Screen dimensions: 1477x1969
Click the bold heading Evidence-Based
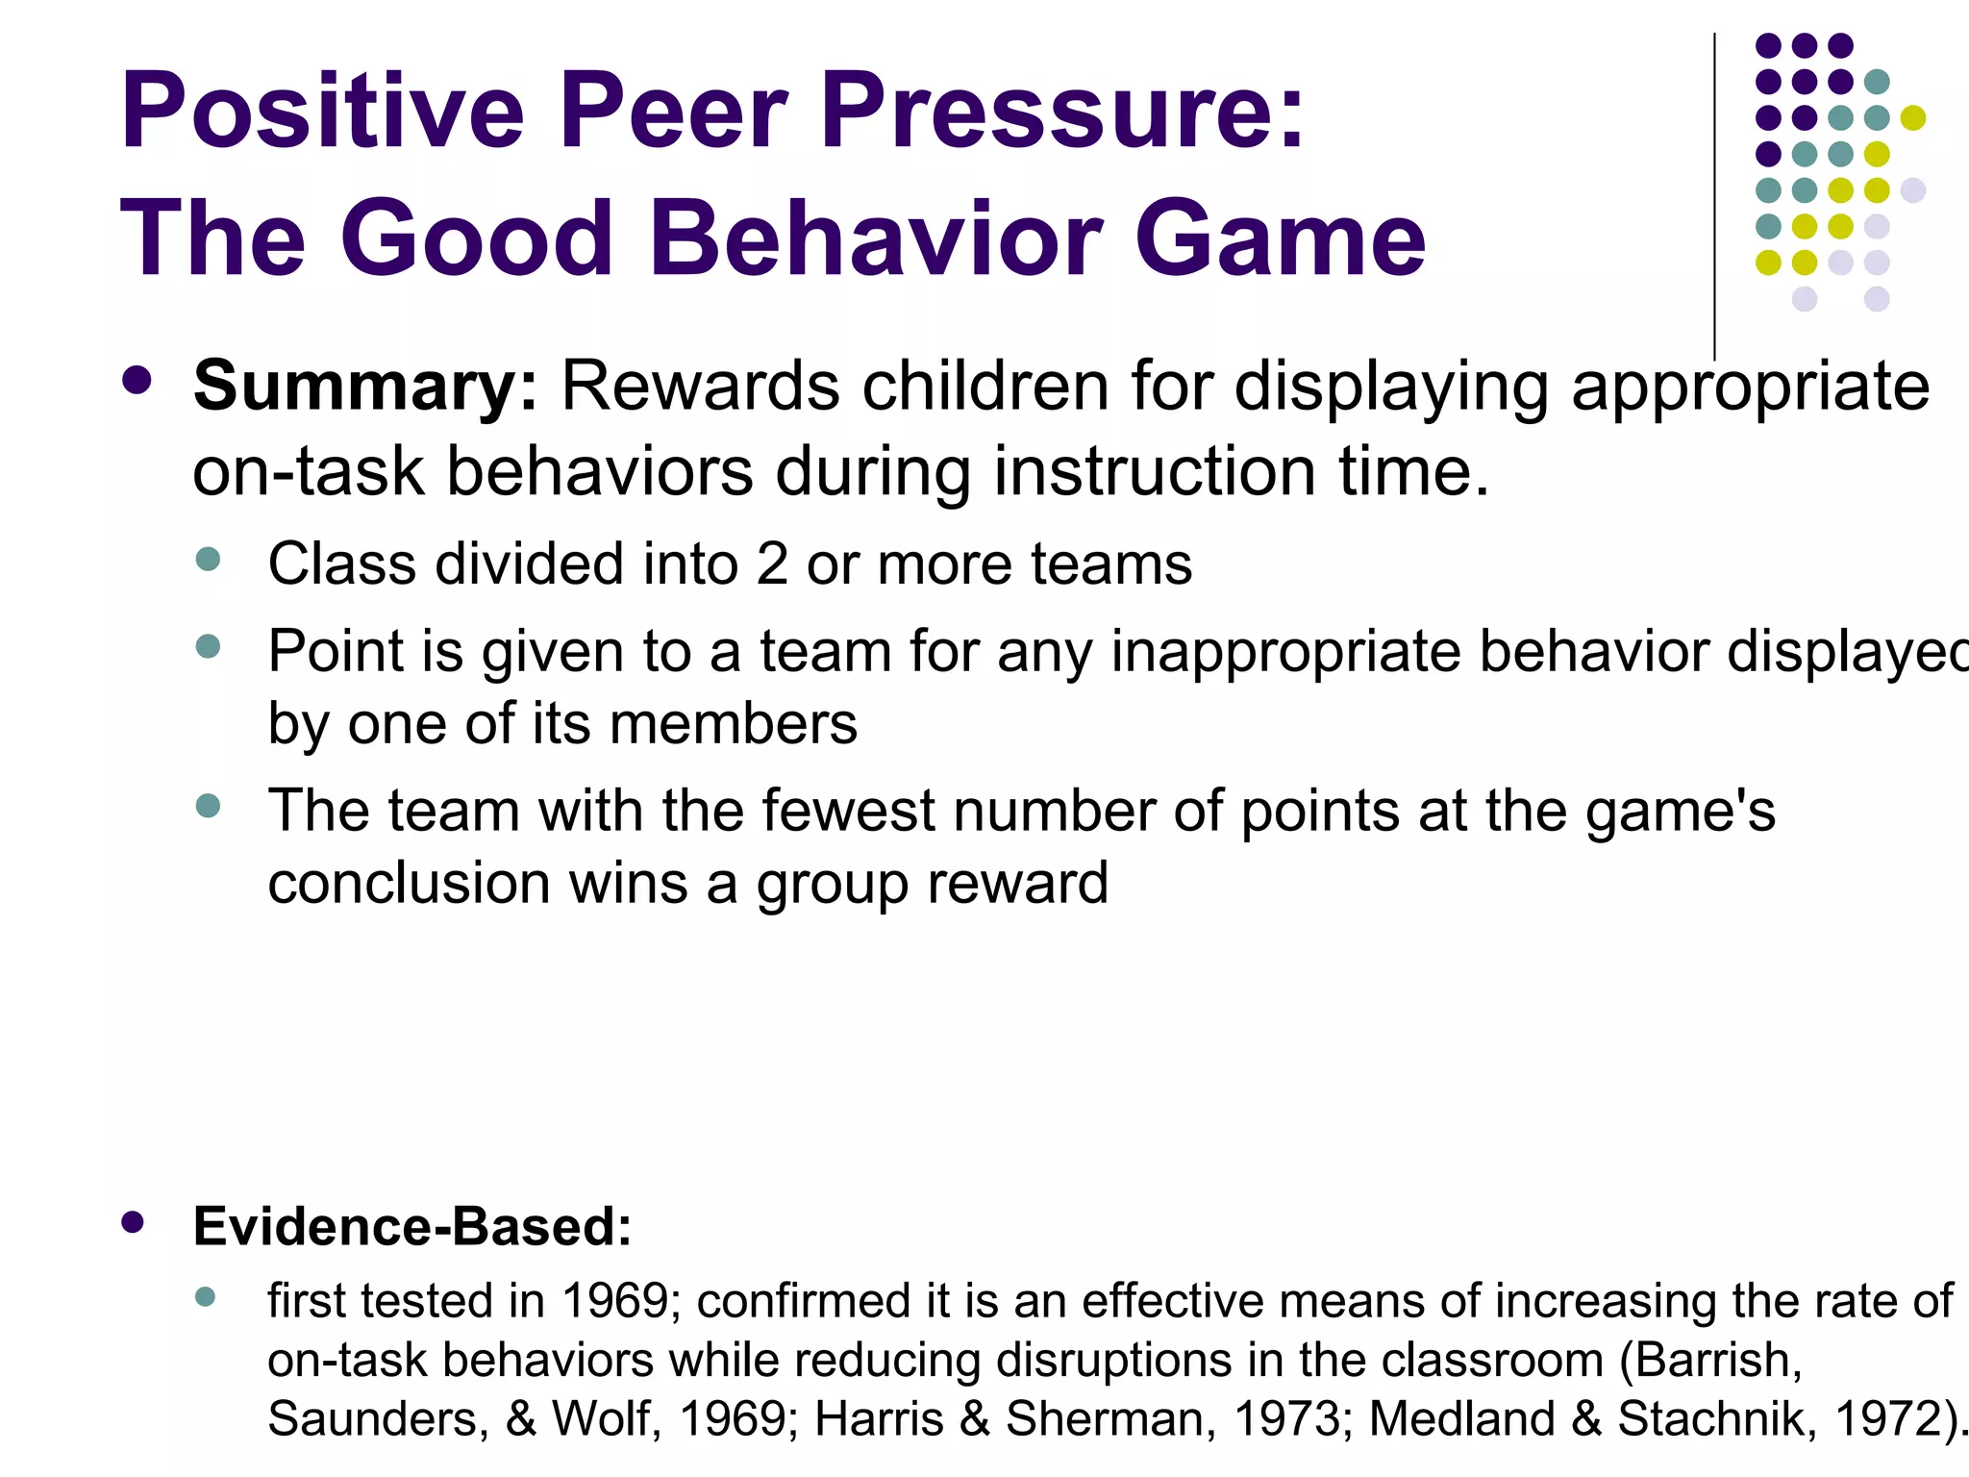click(x=412, y=1227)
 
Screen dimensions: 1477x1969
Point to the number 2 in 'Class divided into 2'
click(x=771, y=563)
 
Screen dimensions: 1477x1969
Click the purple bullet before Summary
click(x=137, y=380)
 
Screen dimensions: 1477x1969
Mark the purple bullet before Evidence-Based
click(x=134, y=1222)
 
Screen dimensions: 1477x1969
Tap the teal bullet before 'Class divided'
click(x=208, y=559)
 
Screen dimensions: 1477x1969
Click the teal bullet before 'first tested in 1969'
click(x=205, y=1297)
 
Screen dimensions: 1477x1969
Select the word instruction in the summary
click(x=1155, y=472)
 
